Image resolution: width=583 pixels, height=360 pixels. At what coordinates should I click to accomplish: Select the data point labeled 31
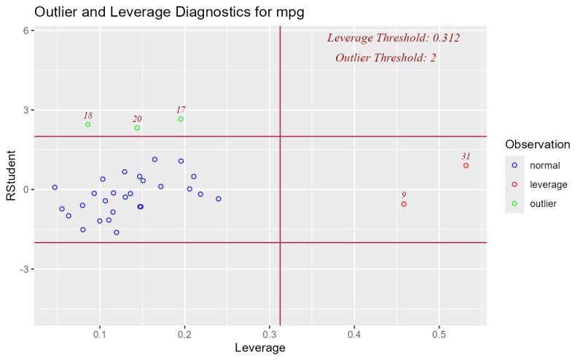(x=466, y=165)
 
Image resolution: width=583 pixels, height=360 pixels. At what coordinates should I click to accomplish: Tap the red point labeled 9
(x=404, y=204)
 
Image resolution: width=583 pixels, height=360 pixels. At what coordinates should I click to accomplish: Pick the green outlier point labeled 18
(x=88, y=125)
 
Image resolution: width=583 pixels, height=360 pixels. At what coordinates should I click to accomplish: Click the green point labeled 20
(x=137, y=128)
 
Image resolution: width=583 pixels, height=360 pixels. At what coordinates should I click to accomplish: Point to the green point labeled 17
(x=181, y=119)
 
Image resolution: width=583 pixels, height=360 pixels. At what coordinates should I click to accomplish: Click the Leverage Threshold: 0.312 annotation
(x=393, y=38)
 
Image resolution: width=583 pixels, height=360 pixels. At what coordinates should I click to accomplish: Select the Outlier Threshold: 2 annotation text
(x=386, y=58)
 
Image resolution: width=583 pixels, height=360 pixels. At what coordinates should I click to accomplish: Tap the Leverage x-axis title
(x=259, y=348)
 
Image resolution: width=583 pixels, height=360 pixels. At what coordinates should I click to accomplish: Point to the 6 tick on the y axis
(x=25, y=31)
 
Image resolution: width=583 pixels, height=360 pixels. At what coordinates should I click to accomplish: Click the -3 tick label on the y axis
(x=23, y=270)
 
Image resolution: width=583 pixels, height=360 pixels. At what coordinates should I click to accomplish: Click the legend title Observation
(x=537, y=144)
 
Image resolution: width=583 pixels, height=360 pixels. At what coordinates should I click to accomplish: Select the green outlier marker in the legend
(x=514, y=204)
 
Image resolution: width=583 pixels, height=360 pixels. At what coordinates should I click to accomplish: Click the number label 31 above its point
(x=466, y=156)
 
